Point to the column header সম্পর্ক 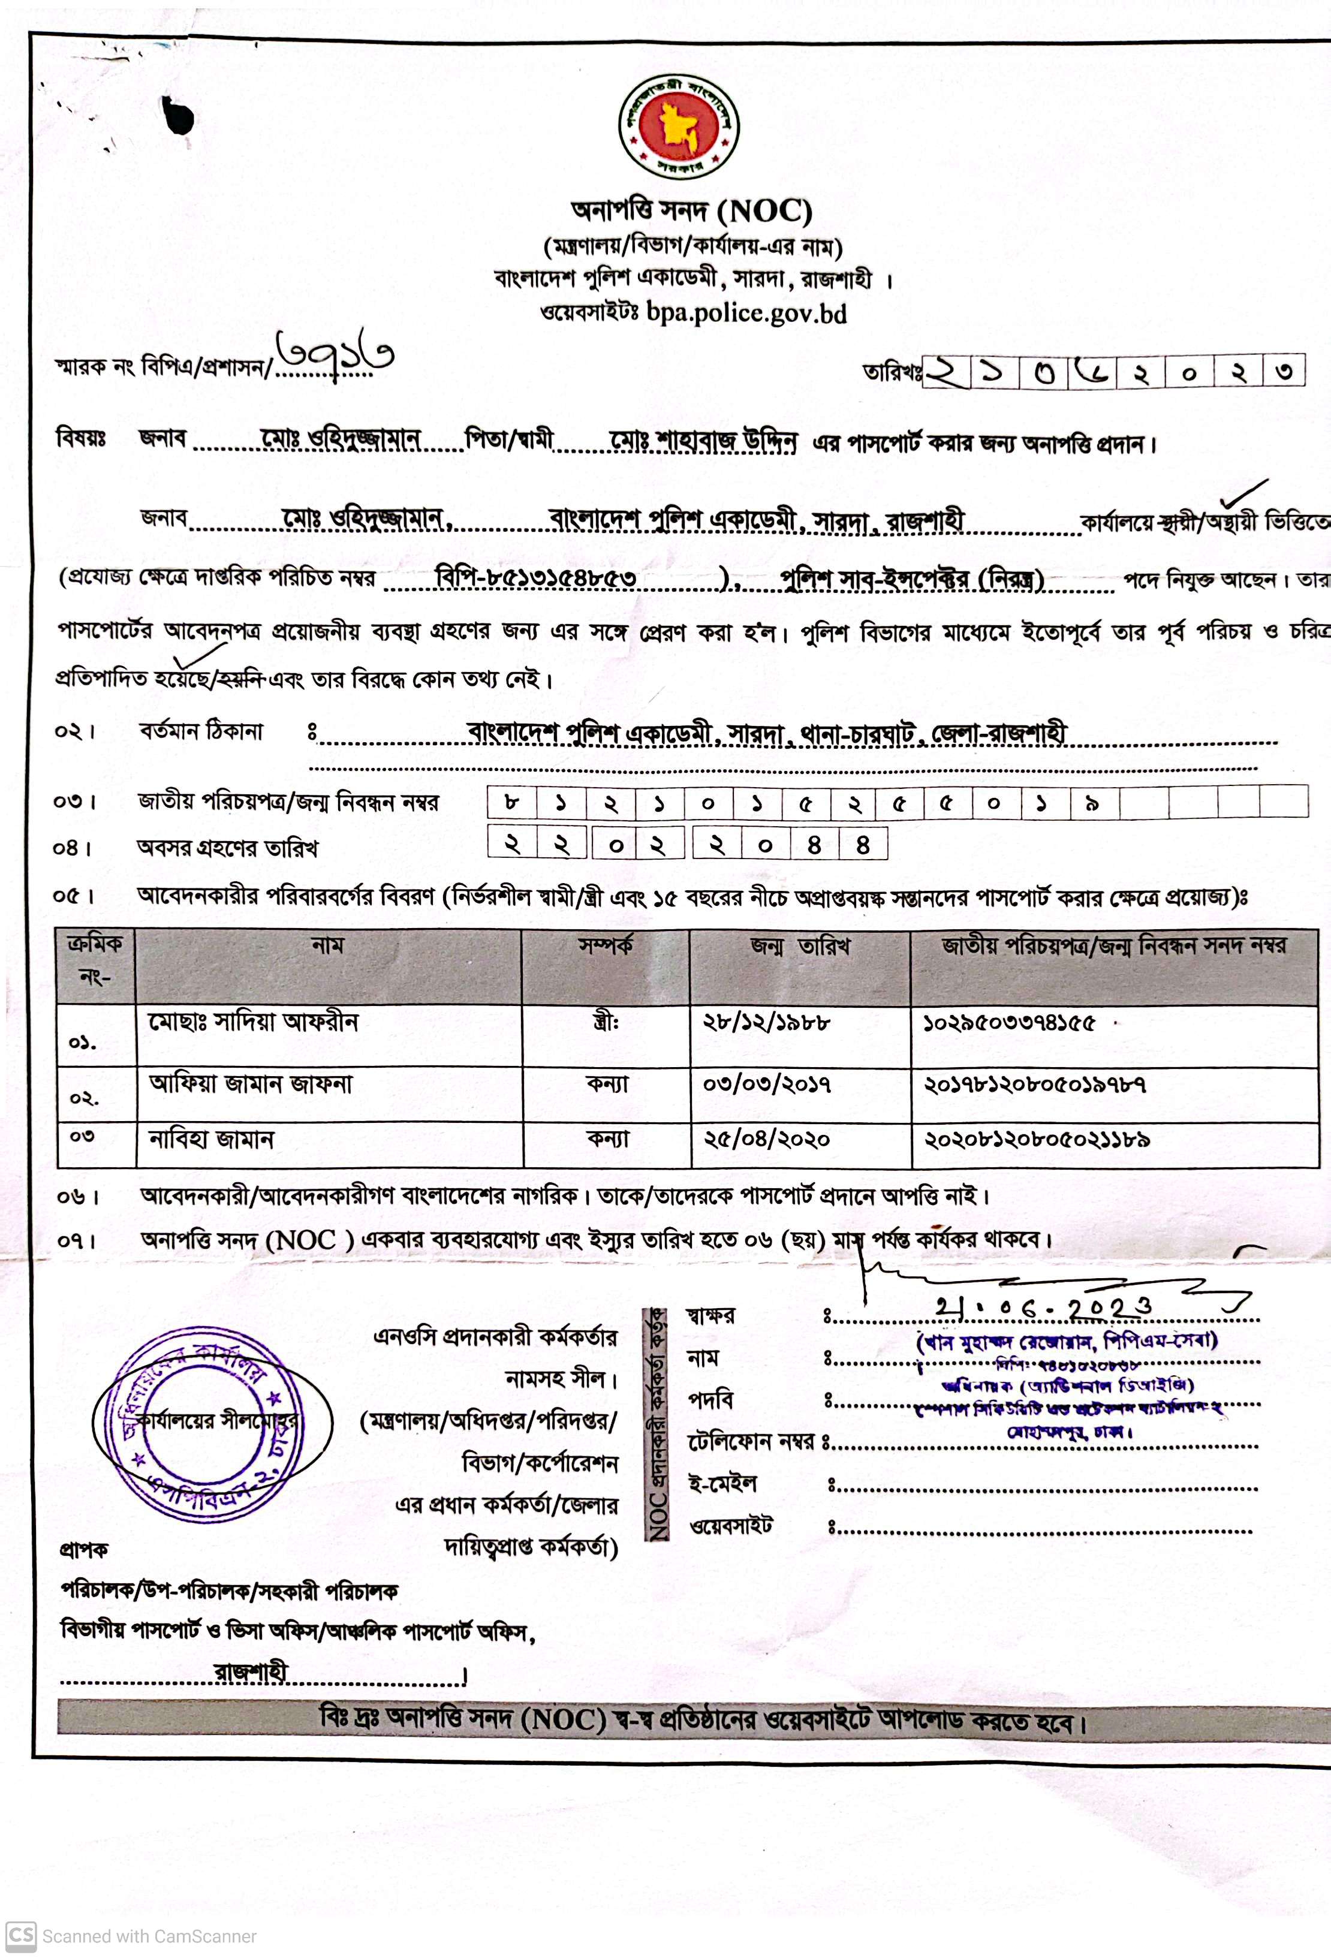pyautogui.click(x=605, y=946)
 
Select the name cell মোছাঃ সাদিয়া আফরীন pyautogui.click(x=254, y=1022)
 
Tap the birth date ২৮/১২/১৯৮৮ pyautogui.click(x=767, y=1022)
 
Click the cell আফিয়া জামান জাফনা pyautogui.click(x=250, y=1083)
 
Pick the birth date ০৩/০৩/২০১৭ pyautogui.click(x=767, y=1083)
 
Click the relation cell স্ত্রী pyautogui.click(x=606, y=1023)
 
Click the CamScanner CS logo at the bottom pyautogui.click(x=20, y=1935)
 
